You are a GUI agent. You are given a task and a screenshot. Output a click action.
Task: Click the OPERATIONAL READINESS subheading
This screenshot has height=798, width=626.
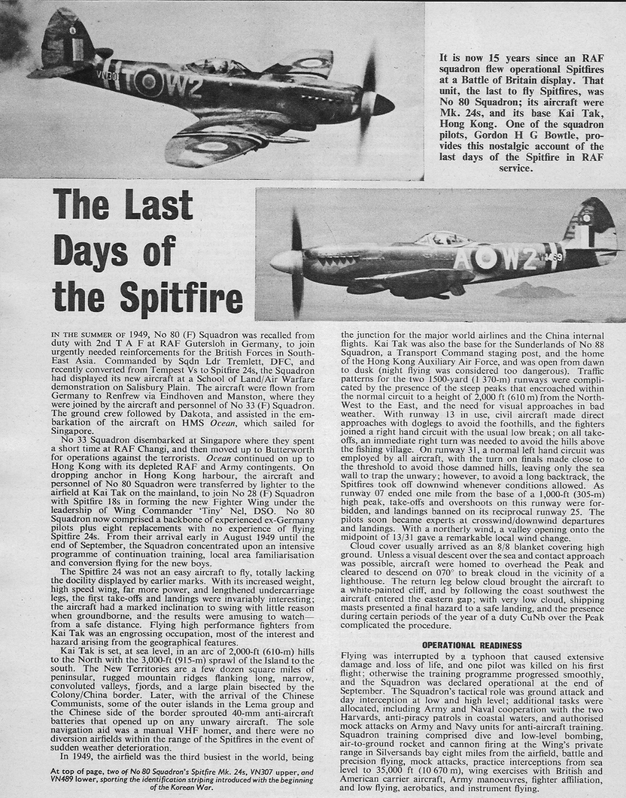(473, 645)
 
